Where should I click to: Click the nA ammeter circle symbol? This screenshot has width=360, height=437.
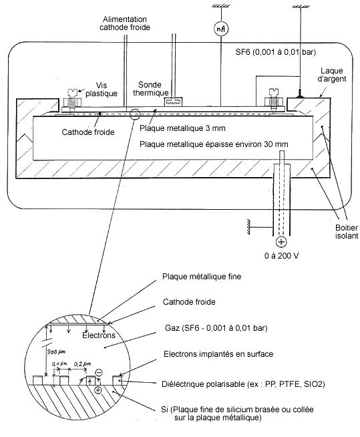click(x=221, y=29)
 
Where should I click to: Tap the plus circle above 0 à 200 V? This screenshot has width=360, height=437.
click(x=281, y=242)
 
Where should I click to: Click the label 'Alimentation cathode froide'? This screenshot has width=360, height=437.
click(x=125, y=23)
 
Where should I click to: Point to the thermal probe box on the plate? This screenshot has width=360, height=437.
click(x=173, y=102)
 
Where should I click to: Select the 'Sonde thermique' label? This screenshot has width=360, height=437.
click(x=151, y=89)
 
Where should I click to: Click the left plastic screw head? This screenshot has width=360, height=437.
click(x=73, y=92)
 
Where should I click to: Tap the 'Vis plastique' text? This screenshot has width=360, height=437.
click(x=102, y=89)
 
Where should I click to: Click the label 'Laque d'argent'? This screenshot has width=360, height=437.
click(x=332, y=75)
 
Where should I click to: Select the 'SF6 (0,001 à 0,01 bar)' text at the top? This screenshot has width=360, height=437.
click(x=276, y=52)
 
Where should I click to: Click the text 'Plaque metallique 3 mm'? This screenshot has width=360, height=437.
click(x=182, y=128)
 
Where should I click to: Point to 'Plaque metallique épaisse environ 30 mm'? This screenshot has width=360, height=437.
click(x=214, y=144)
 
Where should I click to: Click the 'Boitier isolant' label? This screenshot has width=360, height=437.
click(x=347, y=232)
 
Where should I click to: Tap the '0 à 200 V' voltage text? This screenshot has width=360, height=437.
click(x=281, y=255)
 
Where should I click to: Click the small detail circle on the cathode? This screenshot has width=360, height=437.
click(x=135, y=114)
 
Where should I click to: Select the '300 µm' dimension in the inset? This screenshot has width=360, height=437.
click(x=56, y=352)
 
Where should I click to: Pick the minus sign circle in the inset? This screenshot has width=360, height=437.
click(x=99, y=373)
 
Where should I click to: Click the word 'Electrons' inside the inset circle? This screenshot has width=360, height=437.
click(x=99, y=335)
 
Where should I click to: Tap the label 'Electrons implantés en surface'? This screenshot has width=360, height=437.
click(x=218, y=354)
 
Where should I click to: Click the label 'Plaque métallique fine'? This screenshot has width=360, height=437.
click(x=202, y=277)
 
